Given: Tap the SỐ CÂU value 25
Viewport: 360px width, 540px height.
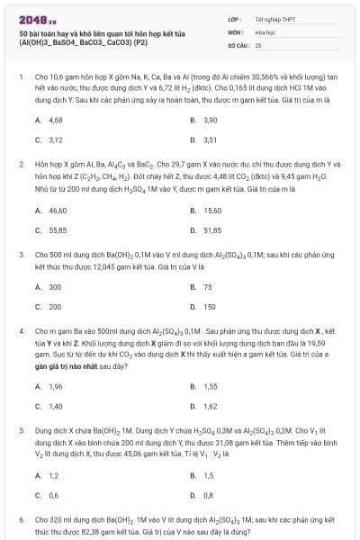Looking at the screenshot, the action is tap(258, 43).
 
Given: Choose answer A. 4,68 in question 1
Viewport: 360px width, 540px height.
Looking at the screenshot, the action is tap(49, 120).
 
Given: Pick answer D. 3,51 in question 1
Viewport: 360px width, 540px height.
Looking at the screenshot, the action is tap(205, 140).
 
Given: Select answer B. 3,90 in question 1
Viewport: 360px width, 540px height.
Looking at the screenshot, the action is tap(205, 120).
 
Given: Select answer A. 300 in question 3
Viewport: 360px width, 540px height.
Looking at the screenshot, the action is tap(49, 287).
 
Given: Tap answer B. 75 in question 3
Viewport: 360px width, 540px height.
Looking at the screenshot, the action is tap(202, 287).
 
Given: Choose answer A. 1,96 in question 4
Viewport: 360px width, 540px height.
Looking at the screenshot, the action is tap(49, 386).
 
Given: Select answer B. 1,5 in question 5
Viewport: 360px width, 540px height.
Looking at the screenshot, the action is tap(203, 475).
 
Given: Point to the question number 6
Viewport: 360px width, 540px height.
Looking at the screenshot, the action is tap(21, 520).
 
